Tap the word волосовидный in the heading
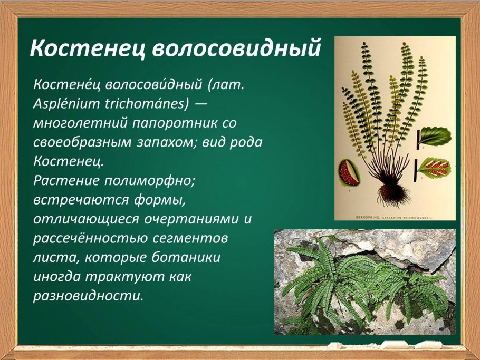(237, 48)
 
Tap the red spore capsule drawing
(350, 172)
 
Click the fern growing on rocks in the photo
(359, 285)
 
